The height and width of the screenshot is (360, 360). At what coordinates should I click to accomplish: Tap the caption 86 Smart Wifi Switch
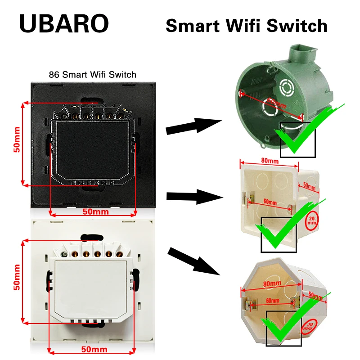click(92, 74)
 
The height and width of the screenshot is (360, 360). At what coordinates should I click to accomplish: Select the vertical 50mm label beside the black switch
click(17, 143)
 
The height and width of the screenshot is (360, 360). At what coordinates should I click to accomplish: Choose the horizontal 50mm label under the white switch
click(94, 349)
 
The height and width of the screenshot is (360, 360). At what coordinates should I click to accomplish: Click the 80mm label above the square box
click(269, 161)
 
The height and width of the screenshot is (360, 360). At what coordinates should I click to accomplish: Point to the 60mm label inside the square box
click(270, 202)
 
